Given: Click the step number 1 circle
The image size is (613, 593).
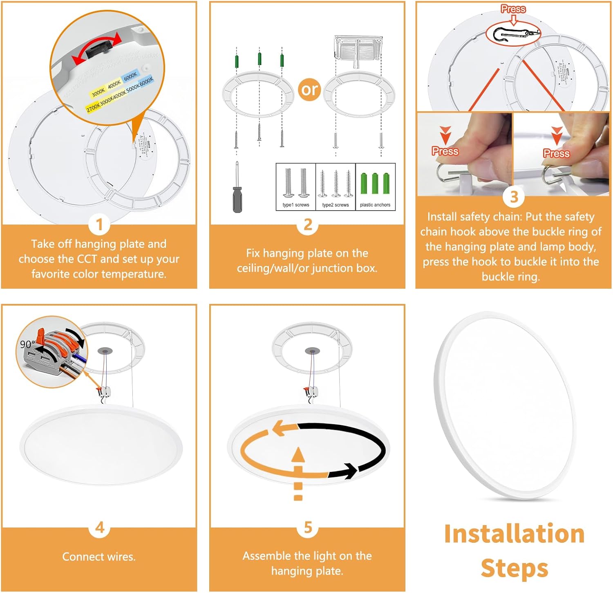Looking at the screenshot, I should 99,225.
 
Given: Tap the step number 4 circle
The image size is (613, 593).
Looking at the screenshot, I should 99,528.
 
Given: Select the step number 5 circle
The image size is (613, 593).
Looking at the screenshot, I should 308,528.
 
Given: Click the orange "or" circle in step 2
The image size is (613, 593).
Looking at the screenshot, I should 309,89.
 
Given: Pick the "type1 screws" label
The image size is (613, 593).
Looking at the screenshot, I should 295,205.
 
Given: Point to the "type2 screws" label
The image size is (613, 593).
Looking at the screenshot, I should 336,205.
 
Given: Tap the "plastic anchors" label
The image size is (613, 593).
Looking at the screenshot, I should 375,205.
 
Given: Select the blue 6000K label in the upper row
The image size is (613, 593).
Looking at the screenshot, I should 130,76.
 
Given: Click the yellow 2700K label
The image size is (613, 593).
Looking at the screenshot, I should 93,107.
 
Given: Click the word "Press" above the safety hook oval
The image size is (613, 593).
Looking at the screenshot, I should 513,9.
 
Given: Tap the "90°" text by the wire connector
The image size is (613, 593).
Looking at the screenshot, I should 27,344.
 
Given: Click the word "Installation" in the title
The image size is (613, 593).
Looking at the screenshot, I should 514,534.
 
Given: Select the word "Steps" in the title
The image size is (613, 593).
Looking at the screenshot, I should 514,568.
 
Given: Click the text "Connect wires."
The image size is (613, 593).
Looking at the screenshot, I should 99,557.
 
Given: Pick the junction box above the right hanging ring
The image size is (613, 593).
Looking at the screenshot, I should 358,47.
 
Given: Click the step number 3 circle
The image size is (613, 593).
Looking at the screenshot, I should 514,197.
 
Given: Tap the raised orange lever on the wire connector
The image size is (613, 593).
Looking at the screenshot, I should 41,335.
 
